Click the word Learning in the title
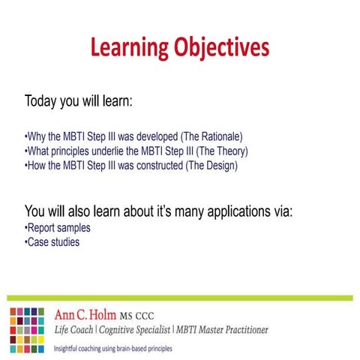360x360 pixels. coord(127,48)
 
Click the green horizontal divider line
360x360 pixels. coord(180,298)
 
